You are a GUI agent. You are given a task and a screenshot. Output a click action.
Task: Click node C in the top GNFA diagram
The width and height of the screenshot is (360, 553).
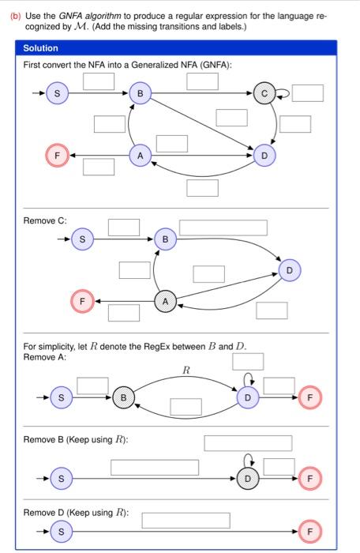pyautogui.click(x=264, y=94)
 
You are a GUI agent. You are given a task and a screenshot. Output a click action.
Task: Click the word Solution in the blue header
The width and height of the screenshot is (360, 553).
pyautogui.click(x=40, y=49)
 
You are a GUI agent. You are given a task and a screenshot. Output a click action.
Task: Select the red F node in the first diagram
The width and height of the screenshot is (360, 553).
pyautogui.click(x=57, y=155)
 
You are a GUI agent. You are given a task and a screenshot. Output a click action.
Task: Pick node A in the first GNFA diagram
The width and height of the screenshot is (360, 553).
pyautogui.click(x=140, y=156)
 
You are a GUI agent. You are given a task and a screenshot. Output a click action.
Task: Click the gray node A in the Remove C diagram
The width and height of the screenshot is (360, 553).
pyautogui.click(x=165, y=302)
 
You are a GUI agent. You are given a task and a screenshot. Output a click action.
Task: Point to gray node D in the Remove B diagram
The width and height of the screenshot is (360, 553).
pyautogui.click(x=247, y=478)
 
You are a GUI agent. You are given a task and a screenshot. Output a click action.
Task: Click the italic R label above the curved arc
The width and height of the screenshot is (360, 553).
pyautogui.click(x=186, y=370)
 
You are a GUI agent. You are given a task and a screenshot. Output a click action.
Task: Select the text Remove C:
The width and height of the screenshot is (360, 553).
pyautogui.click(x=45, y=220)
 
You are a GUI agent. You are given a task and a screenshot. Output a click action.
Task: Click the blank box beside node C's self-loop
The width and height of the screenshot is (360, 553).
pyautogui.click(x=309, y=93)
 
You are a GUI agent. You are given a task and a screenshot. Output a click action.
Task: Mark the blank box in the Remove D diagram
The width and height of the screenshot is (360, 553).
pyautogui.click(x=186, y=520)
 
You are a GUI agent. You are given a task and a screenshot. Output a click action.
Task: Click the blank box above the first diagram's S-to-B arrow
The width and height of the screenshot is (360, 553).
pyautogui.click(x=99, y=80)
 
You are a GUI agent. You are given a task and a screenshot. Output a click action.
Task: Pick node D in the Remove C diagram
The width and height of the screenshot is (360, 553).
pyautogui.click(x=289, y=270)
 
